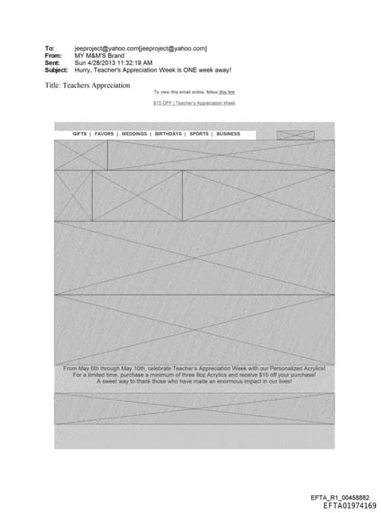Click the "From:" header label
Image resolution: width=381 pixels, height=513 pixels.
tap(52, 55)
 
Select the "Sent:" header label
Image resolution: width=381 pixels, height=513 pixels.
tap(51, 63)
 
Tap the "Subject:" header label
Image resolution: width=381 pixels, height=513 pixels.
tap(56, 70)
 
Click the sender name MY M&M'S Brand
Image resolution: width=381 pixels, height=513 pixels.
tap(99, 55)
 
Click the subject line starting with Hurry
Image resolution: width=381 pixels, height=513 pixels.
tap(153, 70)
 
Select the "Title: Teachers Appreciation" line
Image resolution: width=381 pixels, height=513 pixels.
tap(87, 85)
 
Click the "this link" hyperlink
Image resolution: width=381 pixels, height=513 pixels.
tap(226, 92)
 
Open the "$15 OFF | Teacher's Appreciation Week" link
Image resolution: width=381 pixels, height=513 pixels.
tap(194, 103)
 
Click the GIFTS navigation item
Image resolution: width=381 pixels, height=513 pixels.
tap(80, 134)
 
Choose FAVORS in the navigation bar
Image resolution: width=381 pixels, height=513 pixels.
tap(104, 134)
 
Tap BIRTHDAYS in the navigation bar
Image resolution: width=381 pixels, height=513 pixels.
tap(168, 134)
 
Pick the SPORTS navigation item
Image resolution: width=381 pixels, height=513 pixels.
tap(199, 134)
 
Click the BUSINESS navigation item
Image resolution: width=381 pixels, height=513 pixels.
tap(228, 134)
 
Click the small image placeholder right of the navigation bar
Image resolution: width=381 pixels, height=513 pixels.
tap(295, 135)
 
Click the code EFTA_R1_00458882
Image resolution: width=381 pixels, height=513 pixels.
tap(345, 497)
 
